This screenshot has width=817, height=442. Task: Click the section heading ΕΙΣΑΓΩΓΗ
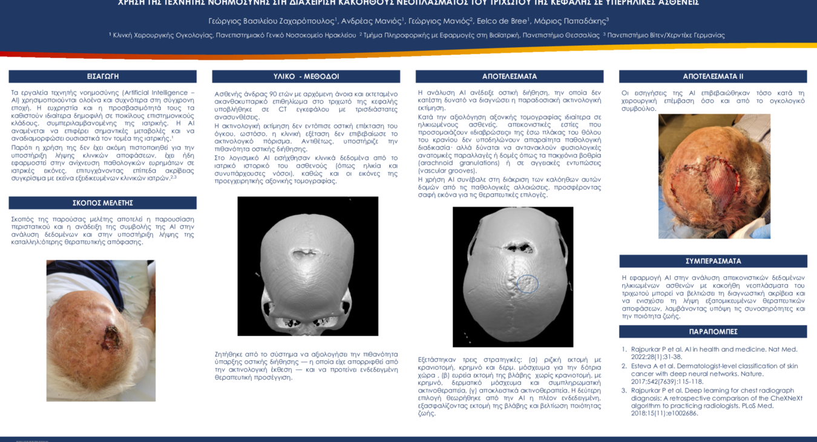(x=102, y=76)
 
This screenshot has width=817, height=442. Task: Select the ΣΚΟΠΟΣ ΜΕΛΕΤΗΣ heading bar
(x=102, y=203)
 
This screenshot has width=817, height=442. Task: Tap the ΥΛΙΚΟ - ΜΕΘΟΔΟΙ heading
(x=306, y=76)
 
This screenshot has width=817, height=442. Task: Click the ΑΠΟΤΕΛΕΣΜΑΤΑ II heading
(x=713, y=76)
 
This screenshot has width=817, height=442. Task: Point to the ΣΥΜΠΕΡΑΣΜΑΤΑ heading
(x=713, y=261)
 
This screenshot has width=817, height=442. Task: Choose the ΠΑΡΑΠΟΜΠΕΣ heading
(x=713, y=332)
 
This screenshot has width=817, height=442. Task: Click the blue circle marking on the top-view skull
(x=528, y=283)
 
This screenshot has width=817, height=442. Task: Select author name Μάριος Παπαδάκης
(x=571, y=21)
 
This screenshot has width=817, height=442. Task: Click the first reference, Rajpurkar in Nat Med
(x=714, y=353)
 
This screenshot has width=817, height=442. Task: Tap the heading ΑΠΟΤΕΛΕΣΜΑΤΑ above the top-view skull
(x=509, y=76)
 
